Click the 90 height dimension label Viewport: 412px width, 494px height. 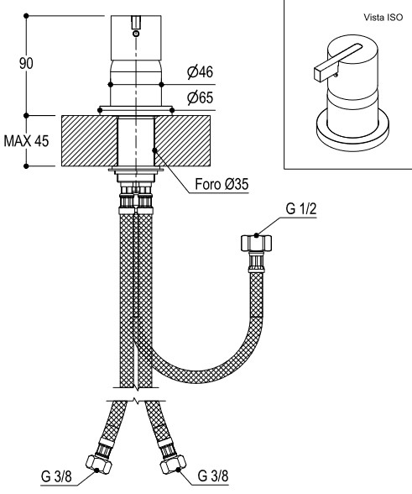(x=26, y=63)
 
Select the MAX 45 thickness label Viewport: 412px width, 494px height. (x=27, y=141)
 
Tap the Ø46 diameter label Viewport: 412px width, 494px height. (x=201, y=72)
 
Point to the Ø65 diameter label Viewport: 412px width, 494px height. (x=201, y=98)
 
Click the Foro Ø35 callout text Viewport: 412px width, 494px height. (x=222, y=184)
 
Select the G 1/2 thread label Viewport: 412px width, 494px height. (x=301, y=209)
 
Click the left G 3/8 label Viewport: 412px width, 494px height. (x=56, y=476)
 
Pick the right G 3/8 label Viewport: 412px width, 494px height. (x=213, y=476)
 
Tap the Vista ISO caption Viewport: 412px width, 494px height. (x=383, y=18)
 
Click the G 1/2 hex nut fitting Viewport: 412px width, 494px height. (x=256, y=243)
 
